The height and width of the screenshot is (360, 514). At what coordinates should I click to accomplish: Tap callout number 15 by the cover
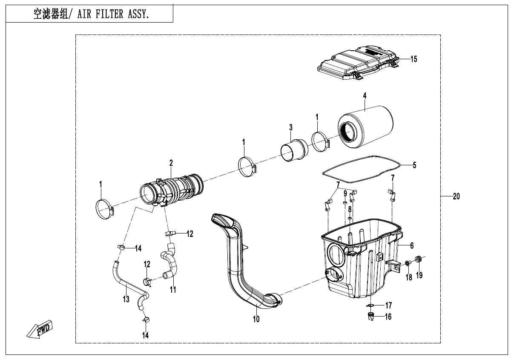tap(413, 59)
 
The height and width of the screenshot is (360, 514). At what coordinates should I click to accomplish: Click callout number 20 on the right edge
tap(456, 196)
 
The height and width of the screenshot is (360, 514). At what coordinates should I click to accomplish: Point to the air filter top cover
tap(358, 64)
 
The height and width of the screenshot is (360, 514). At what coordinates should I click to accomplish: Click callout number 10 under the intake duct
tap(256, 319)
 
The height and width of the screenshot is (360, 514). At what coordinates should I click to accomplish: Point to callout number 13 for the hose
tap(126, 299)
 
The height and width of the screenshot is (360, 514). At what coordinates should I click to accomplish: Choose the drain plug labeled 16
tap(370, 317)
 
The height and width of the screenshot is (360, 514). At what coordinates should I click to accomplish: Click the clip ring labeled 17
tap(370, 305)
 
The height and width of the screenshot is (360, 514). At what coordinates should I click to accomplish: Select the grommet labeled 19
tap(418, 259)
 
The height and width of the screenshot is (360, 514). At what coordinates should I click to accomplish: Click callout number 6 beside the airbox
tap(412, 246)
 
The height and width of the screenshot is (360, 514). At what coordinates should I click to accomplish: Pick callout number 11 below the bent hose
tap(173, 290)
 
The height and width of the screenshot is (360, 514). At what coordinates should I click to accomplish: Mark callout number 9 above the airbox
tap(345, 193)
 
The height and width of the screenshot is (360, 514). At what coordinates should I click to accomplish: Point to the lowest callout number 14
tap(146, 335)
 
